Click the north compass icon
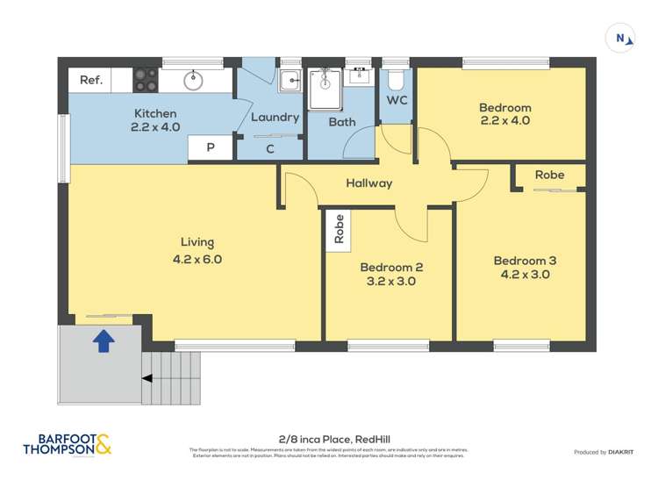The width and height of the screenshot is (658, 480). coord(620,38)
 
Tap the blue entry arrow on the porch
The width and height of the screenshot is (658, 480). coord(103,340)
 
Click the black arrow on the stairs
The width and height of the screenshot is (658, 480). coord(147,378)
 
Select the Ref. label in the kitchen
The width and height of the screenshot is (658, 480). coord(91,80)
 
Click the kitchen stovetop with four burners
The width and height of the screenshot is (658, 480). coord(145,81)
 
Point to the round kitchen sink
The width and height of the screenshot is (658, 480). coord(193,81)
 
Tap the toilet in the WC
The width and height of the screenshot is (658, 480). coord(396,81)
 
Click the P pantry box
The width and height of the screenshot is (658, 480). coord(211,148)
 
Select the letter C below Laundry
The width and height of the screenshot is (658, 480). coord(270,149)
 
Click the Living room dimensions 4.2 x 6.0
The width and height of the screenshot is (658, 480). coord(197,259)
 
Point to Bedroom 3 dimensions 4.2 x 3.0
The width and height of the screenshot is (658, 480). coord(525,275)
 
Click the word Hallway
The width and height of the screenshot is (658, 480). coord(368,183)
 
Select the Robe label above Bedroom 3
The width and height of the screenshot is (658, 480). coord(549,175)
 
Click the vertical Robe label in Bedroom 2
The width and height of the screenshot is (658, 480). coord(339,230)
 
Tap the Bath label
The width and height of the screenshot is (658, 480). coord(342,122)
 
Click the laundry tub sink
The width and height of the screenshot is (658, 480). coord(290,82)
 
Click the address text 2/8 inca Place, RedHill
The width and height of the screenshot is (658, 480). coord(328,435)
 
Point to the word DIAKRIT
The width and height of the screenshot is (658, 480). coord(620,452)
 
